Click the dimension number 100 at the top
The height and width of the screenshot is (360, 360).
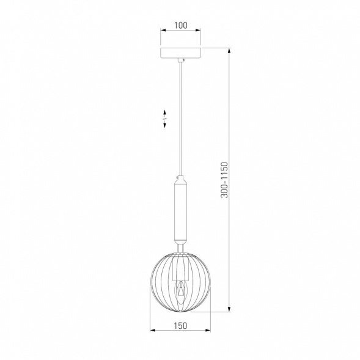pyautogui.click(x=180, y=26)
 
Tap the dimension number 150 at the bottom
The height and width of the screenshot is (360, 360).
pyautogui.click(x=180, y=326)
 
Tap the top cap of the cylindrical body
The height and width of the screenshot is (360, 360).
pyautogui.click(x=180, y=179)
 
